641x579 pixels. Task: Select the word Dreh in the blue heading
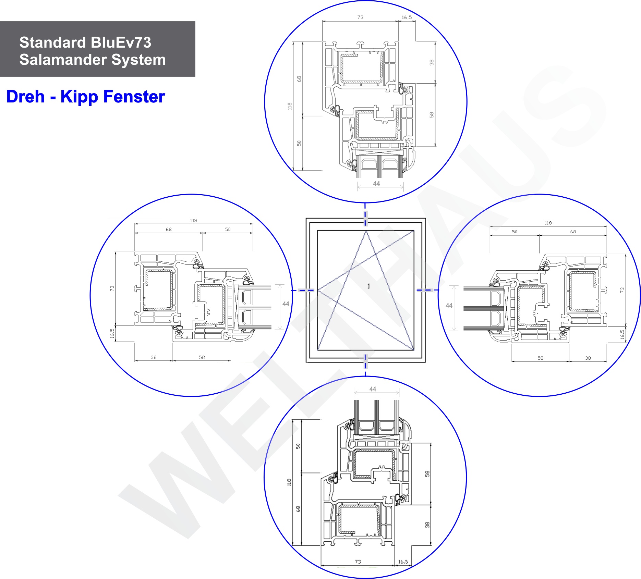(x=25, y=97)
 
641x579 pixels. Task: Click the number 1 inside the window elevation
(x=368, y=286)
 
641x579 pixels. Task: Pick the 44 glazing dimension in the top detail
(x=376, y=184)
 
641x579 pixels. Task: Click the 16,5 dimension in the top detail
(x=407, y=17)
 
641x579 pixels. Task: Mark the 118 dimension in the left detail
(x=194, y=221)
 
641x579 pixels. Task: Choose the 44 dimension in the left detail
(x=286, y=304)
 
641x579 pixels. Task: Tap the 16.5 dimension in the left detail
(x=112, y=333)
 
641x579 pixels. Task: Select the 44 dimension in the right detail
(x=449, y=305)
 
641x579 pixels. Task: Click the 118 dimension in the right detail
(x=548, y=223)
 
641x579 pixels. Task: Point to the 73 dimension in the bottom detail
(x=358, y=562)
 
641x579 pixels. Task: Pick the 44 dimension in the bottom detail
(x=373, y=389)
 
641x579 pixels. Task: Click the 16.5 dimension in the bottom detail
(x=403, y=562)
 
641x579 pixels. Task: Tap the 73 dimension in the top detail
(x=360, y=17)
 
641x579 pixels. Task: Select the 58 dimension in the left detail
(x=202, y=357)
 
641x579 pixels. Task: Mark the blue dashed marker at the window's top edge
(x=365, y=216)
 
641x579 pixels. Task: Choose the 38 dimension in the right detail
(x=588, y=358)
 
